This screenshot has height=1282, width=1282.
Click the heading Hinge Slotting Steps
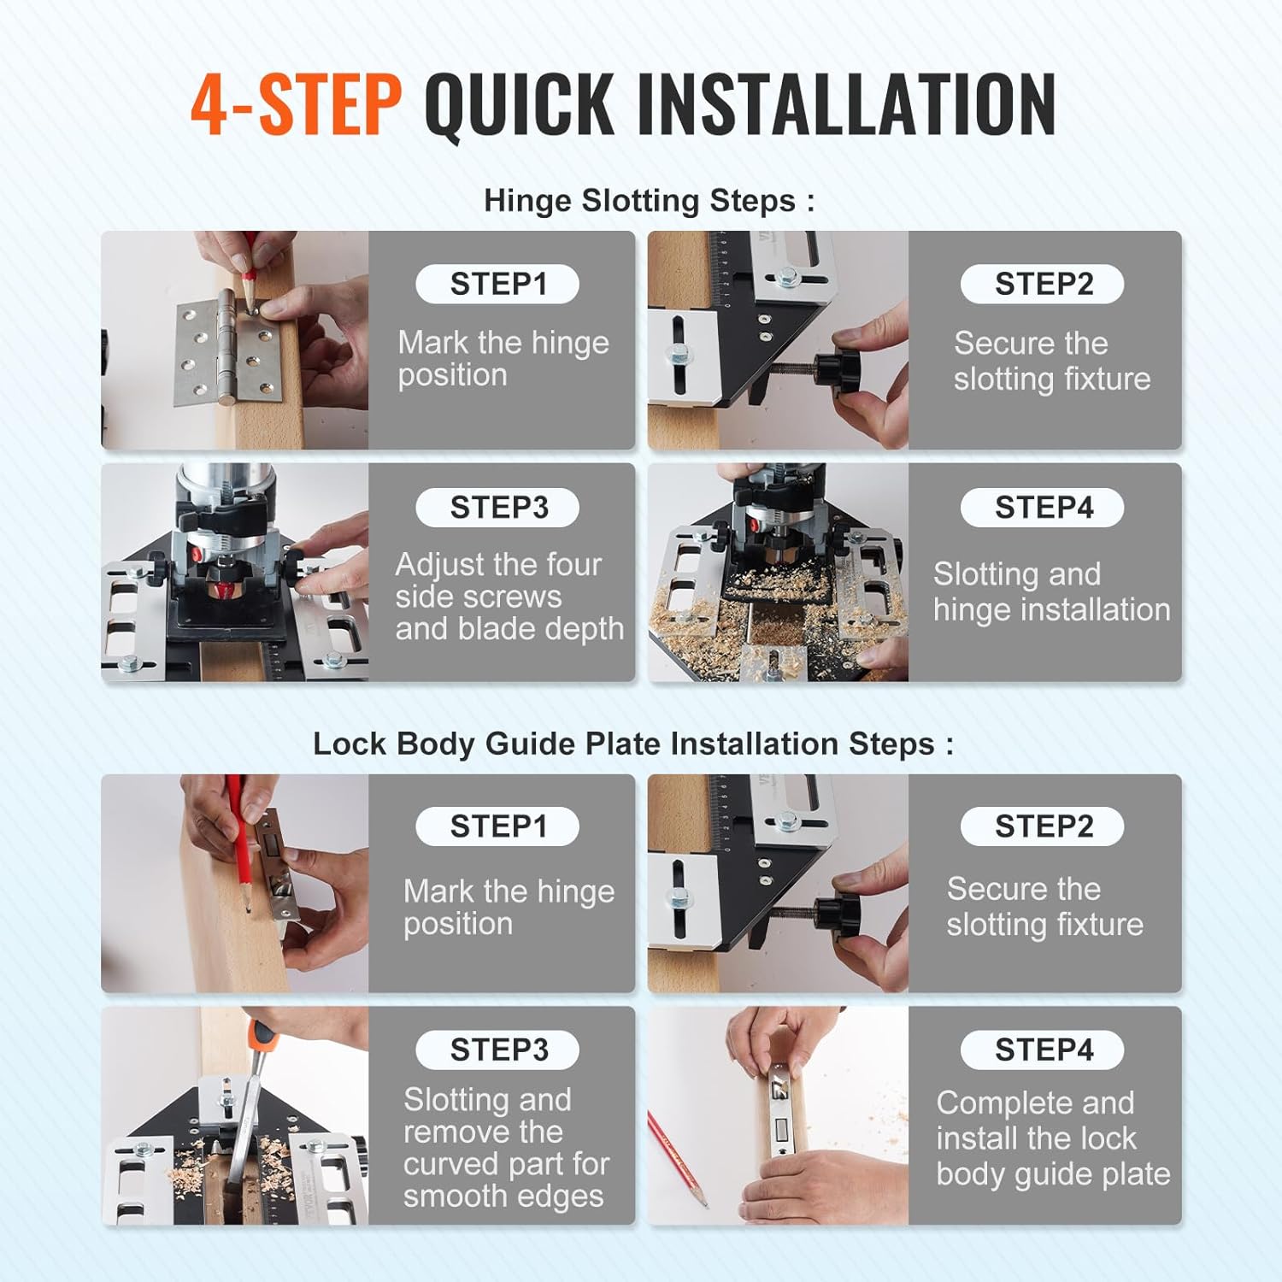pyautogui.click(x=649, y=201)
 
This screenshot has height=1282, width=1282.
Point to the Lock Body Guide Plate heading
pyautogui.click(x=632, y=744)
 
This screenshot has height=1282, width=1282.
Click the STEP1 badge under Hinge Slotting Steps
pyautogui.click(x=497, y=284)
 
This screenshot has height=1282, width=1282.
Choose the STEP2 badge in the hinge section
pyautogui.click(x=1043, y=284)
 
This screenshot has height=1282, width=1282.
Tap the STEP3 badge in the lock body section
pyautogui.click(x=497, y=1050)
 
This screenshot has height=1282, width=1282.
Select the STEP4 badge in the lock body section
pyautogui.click(x=1043, y=1050)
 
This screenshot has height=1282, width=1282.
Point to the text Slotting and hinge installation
pyautogui.click(x=1050, y=591)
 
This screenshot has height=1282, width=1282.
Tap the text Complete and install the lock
pyautogui.click(x=1052, y=1138)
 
